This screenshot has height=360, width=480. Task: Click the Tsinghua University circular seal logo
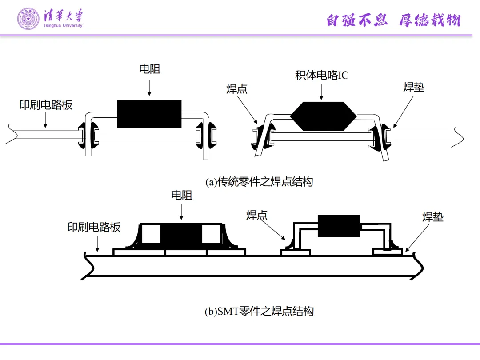tap(28, 19)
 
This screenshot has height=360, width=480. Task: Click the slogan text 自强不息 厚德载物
tap(393, 20)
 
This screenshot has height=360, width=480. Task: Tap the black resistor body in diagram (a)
tap(149, 114)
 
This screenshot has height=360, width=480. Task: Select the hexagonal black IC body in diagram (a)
tap(323, 116)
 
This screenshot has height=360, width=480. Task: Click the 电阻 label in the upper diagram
tap(149, 69)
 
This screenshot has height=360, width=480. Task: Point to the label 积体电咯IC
tap(322, 76)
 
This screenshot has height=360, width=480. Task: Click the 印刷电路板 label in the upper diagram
tap(46, 105)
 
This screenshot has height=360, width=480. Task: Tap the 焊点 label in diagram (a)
tap(237, 89)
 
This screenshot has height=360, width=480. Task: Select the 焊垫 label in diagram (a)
tap(414, 87)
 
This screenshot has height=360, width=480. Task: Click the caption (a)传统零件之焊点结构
tap(259, 182)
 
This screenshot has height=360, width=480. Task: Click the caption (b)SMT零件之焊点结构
tap(259, 311)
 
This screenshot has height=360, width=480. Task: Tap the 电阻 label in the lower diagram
tap(182, 195)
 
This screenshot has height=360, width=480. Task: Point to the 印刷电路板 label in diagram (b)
tap(94, 227)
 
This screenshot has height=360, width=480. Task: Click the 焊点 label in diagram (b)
tap(257, 215)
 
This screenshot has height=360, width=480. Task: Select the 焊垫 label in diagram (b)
tap(433, 217)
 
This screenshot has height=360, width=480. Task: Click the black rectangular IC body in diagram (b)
tap(339, 226)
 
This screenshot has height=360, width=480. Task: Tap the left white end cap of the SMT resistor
tap(151, 234)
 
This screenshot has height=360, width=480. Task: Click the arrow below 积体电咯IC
tap(322, 91)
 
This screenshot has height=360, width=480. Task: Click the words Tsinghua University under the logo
tap(63, 25)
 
